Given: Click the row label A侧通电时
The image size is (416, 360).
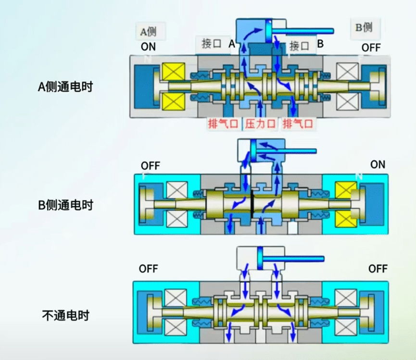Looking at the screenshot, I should [65, 87].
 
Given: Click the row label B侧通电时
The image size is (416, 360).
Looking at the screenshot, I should [65, 205].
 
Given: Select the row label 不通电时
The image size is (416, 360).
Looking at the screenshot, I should [65, 316].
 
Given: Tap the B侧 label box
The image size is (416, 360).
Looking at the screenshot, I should [364, 27].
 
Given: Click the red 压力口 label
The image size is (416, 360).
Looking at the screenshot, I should [260, 124].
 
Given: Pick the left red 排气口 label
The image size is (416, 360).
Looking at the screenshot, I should [223, 124].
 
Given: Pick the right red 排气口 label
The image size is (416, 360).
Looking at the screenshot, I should [298, 124].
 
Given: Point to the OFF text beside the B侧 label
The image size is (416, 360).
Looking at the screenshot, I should [371, 47].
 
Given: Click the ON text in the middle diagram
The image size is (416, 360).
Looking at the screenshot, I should [378, 164].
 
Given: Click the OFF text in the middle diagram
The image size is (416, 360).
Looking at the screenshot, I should [150, 166].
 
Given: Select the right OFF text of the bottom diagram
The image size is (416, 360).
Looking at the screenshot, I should [378, 268].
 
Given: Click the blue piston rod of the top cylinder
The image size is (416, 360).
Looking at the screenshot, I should [303, 32].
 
